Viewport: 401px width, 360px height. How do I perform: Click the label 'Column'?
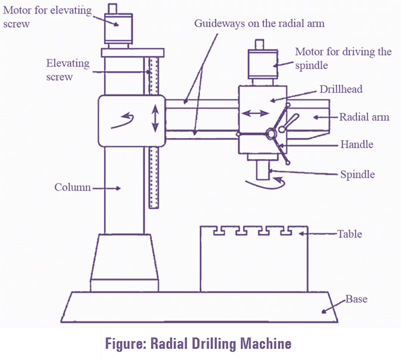coord(73,187)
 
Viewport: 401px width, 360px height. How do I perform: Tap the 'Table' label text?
coord(349,234)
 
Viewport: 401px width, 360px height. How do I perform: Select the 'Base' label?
coord(356,299)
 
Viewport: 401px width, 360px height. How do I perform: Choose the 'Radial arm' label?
coord(364,117)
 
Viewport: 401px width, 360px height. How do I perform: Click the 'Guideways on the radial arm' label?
coord(259,24)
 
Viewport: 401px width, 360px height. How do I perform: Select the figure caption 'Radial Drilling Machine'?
coord(198,344)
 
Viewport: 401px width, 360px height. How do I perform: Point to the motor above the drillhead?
coord(260,63)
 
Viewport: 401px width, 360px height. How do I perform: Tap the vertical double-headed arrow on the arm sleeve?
coord(155,119)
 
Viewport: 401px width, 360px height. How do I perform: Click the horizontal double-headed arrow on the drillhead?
coord(254,113)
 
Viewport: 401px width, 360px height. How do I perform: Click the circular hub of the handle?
coord(272,134)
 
